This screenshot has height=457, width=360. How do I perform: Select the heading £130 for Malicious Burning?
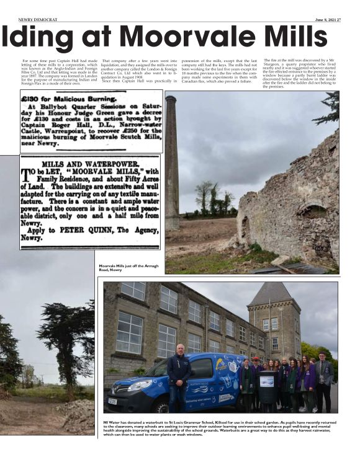click(70, 99)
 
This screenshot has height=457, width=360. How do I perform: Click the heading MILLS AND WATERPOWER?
click(90, 163)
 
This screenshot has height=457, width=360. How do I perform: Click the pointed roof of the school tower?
click(273, 295)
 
